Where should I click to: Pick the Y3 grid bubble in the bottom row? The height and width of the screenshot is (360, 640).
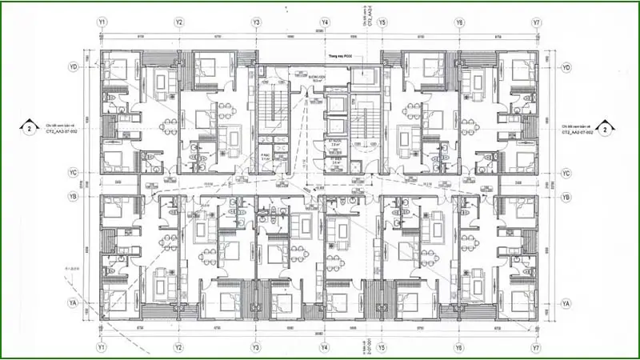click(x=255, y=348)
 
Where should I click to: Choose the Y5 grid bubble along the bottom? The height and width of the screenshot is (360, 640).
click(x=382, y=348)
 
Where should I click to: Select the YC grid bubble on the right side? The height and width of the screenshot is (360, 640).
click(x=566, y=174)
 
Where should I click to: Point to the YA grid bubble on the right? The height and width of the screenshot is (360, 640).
click(x=566, y=305)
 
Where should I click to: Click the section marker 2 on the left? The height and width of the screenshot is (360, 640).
click(x=30, y=128)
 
